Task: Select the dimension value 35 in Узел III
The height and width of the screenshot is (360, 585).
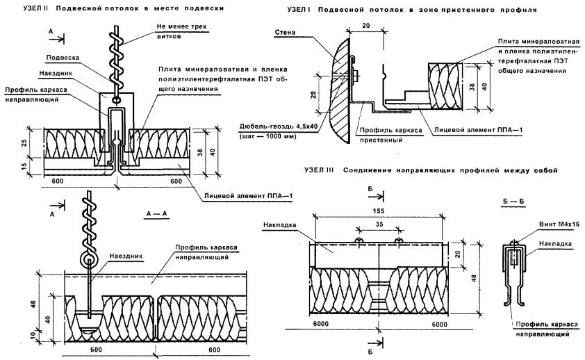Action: click(x=379, y=224)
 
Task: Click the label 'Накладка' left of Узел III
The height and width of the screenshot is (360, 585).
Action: click(x=279, y=225)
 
